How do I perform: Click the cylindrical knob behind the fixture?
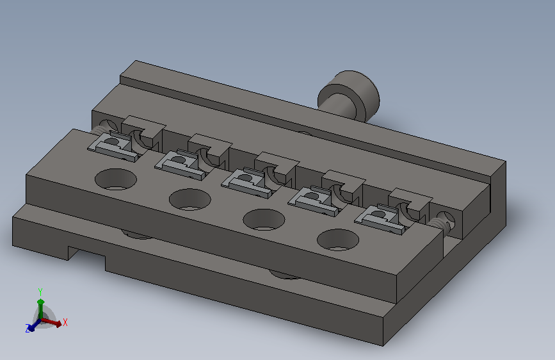coord(350,95)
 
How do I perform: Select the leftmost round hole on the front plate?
coord(116,179)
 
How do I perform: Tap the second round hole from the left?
coord(190,199)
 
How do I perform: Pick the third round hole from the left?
coord(264,220)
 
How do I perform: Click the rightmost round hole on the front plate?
coord(338,240)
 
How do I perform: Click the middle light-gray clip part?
coord(247,183)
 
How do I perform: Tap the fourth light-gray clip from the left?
coord(314,201)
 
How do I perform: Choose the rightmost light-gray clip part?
coord(380,219)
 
